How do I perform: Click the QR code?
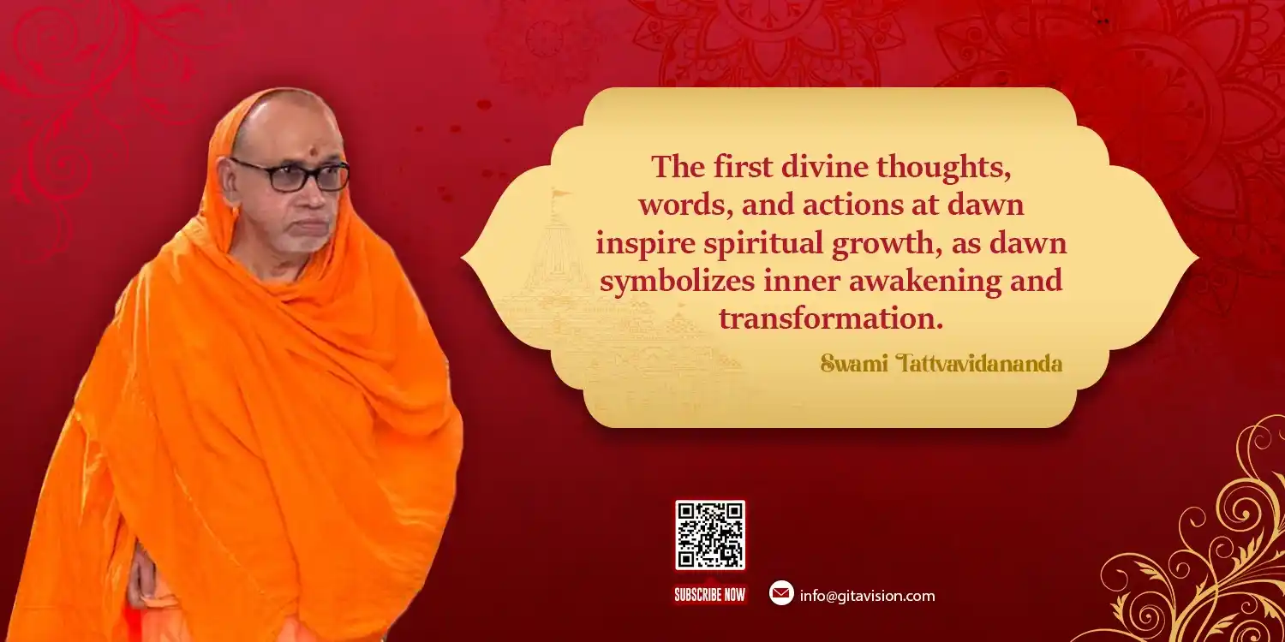(710, 535)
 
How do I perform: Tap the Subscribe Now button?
(710, 594)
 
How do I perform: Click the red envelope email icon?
(781, 593)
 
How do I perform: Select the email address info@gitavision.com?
(867, 596)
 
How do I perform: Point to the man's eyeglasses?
(291, 174)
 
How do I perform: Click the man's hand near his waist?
(140, 579)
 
